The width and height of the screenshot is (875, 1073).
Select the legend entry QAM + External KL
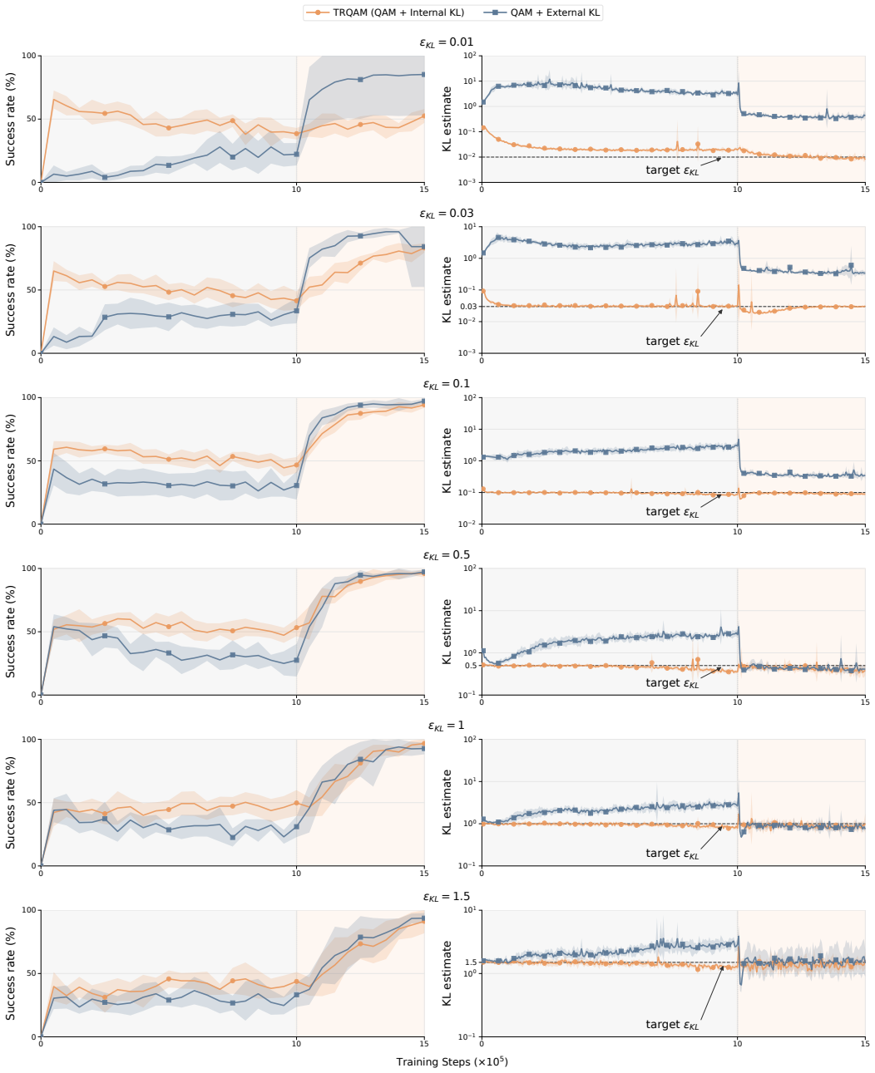541,12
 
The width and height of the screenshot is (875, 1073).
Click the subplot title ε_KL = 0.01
447,42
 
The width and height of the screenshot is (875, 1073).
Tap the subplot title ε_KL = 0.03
447,214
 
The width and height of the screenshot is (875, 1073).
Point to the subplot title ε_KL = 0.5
447,555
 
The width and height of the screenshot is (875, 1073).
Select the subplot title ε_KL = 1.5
447,897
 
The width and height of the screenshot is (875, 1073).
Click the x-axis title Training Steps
452,1062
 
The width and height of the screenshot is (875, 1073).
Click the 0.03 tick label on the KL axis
468,307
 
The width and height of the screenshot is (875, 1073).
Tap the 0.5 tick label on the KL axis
471,666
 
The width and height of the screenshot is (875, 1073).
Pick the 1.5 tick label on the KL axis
471,962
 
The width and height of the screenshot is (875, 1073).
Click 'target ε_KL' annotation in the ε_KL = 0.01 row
672,170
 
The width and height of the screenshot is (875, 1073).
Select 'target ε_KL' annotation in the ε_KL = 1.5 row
672,1024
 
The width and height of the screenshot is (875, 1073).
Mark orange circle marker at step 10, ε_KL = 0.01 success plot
296,134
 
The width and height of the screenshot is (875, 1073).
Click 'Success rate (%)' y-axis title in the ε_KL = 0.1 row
11,460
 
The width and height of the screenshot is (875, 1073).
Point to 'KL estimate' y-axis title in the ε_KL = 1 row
447,802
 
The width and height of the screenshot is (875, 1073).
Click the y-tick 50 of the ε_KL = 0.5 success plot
32,632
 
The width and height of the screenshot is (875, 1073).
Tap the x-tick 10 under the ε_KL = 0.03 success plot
296,360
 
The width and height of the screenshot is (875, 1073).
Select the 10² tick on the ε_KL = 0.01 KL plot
470,55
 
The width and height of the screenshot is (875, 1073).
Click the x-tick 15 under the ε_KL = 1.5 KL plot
865,1044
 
